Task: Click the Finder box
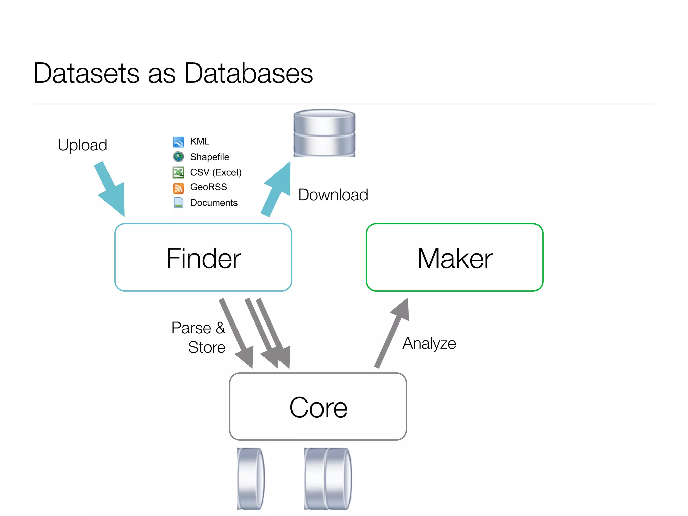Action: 203,258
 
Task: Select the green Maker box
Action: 454,258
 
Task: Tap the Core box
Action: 318,407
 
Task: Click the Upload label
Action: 82,145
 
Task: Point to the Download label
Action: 333,195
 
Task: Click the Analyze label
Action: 429,343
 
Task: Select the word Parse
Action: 191,328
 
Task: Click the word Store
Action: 207,347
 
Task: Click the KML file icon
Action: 178,142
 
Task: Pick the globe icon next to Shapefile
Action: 178,157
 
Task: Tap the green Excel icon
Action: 178,172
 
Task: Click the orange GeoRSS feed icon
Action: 178,188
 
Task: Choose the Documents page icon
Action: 178,203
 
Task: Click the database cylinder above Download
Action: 324,133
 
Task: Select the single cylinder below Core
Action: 250,478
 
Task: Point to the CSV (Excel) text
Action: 216,172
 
